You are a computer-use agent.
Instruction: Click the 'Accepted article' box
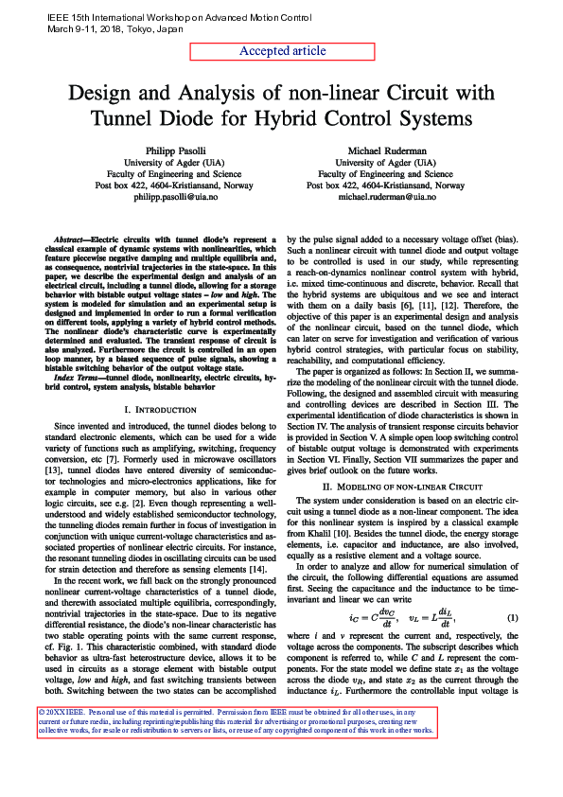coord(282,51)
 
